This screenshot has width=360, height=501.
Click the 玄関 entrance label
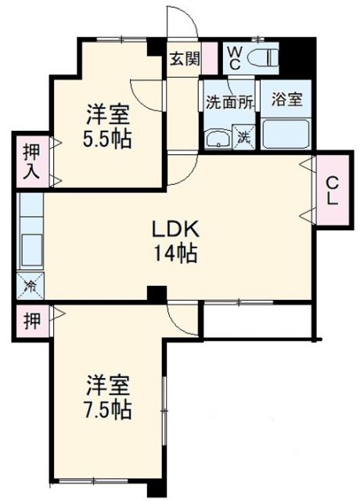pos(185,58)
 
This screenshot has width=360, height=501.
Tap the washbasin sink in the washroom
pos(216,139)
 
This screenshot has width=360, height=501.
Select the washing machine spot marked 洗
pos(243,137)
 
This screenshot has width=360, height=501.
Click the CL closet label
pos(333,190)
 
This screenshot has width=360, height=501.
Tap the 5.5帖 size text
pos(107,138)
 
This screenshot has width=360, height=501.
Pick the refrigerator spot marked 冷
pos(30,285)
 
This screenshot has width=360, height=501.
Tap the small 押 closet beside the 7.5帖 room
pos(30,319)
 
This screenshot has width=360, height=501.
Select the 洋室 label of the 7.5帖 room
pos(108,385)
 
